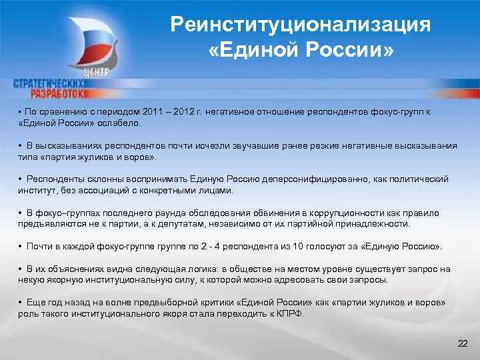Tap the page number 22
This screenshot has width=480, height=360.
pos(463,343)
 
